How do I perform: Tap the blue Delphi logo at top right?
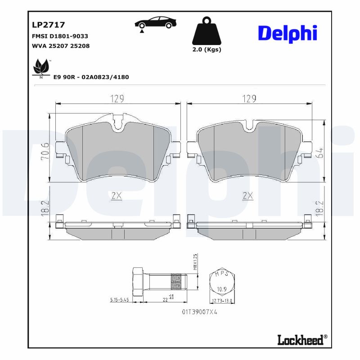click(288, 33)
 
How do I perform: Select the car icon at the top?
click(156, 23)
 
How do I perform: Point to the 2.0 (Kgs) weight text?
click(207, 49)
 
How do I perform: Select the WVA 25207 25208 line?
click(60, 46)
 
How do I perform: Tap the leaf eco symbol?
click(41, 67)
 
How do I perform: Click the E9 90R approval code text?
click(91, 77)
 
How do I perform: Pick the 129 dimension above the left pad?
click(117, 98)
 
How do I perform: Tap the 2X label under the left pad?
click(117, 196)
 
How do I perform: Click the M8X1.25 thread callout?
click(195, 263)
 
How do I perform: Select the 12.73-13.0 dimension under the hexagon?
click(223, 301)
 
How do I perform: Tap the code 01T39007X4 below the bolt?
click(200, 311)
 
